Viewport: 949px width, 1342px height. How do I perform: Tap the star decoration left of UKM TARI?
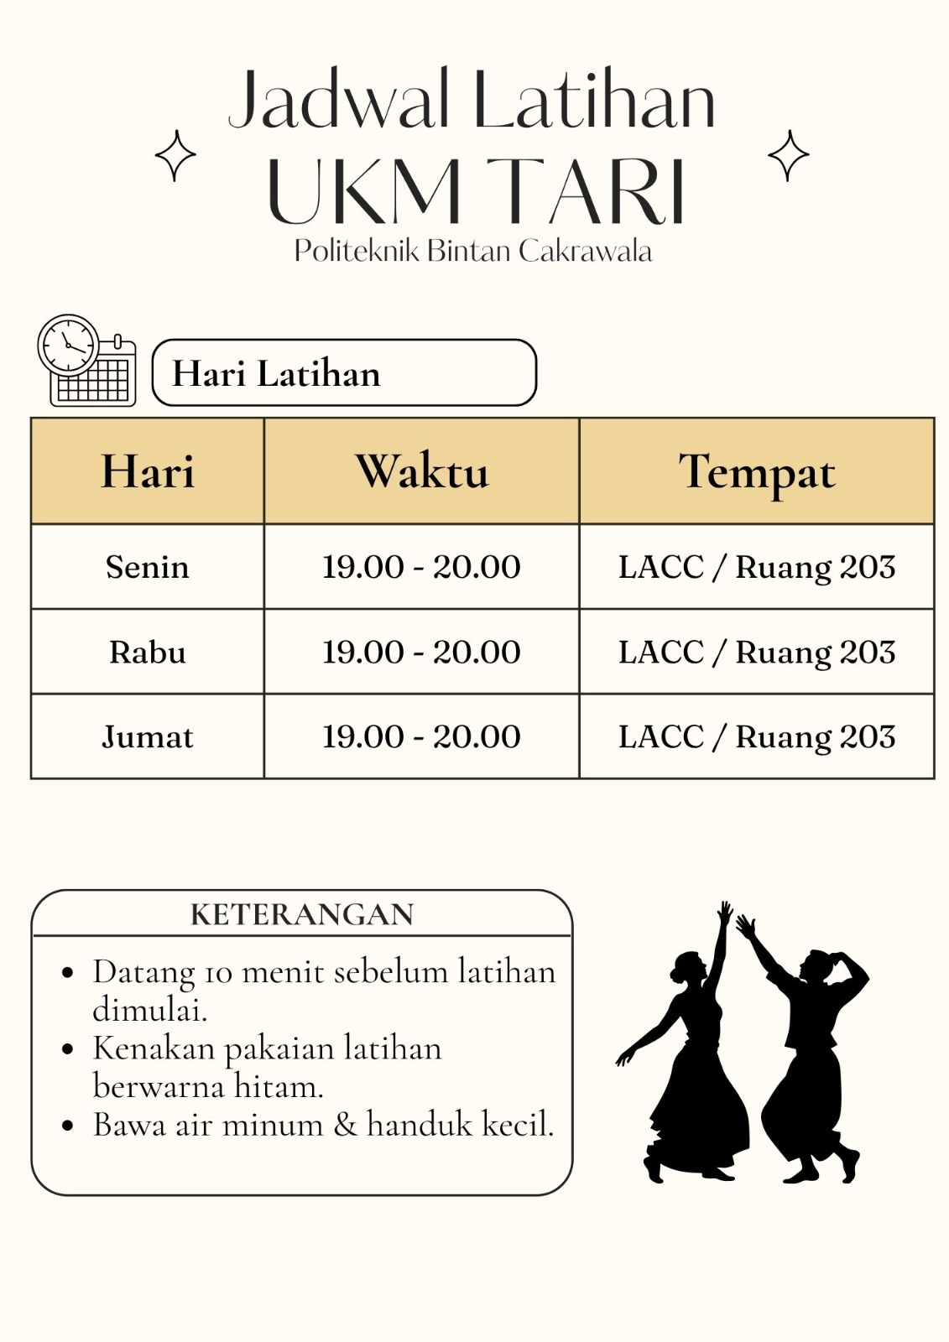tap(175, 156)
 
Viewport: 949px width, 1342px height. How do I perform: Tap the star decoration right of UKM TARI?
tap(789, 156)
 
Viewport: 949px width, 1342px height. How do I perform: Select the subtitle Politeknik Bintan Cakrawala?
tap(472, 251)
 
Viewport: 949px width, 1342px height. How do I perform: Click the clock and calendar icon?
tap(86, 361)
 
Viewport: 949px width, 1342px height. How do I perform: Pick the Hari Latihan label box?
tap(343, 373)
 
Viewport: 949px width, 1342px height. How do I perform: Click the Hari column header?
tap(148, 471)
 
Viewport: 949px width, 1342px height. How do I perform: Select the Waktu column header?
tap(421, 471)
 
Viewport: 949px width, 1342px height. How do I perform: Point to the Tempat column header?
tap(756, 472)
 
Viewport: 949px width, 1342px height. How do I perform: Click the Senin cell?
tap(148, 567)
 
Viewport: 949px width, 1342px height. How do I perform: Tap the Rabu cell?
tap(148, 652)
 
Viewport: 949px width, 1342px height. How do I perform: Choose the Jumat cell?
tap(148, 736)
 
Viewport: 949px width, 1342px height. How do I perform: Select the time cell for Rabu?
tap(421, 652)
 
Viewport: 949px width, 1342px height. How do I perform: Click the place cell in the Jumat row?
tap(756, 736)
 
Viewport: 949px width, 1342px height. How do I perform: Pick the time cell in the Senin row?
tap(421, 567)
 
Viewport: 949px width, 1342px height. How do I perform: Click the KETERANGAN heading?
tap(302, 914)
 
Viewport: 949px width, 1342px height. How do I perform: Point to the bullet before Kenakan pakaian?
tap(69, 1049)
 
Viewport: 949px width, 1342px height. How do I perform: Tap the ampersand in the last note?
tap(345, 1125)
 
